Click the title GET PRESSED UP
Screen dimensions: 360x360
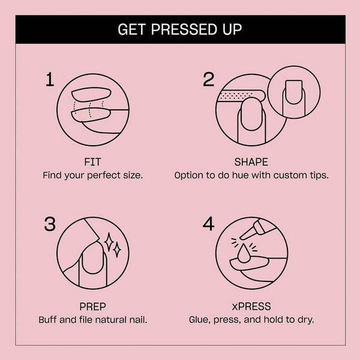point(180,29)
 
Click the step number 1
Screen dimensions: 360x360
point(51,80)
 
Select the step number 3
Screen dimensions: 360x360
point(51,224)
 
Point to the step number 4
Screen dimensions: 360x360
point(208,224)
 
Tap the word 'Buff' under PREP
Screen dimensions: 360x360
point(49,319)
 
